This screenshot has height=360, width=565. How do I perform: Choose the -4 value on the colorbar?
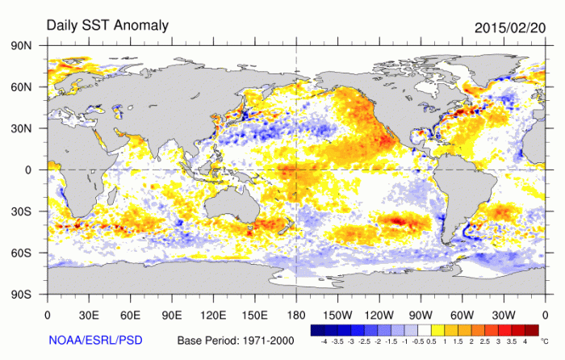[x=324, y=344]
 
